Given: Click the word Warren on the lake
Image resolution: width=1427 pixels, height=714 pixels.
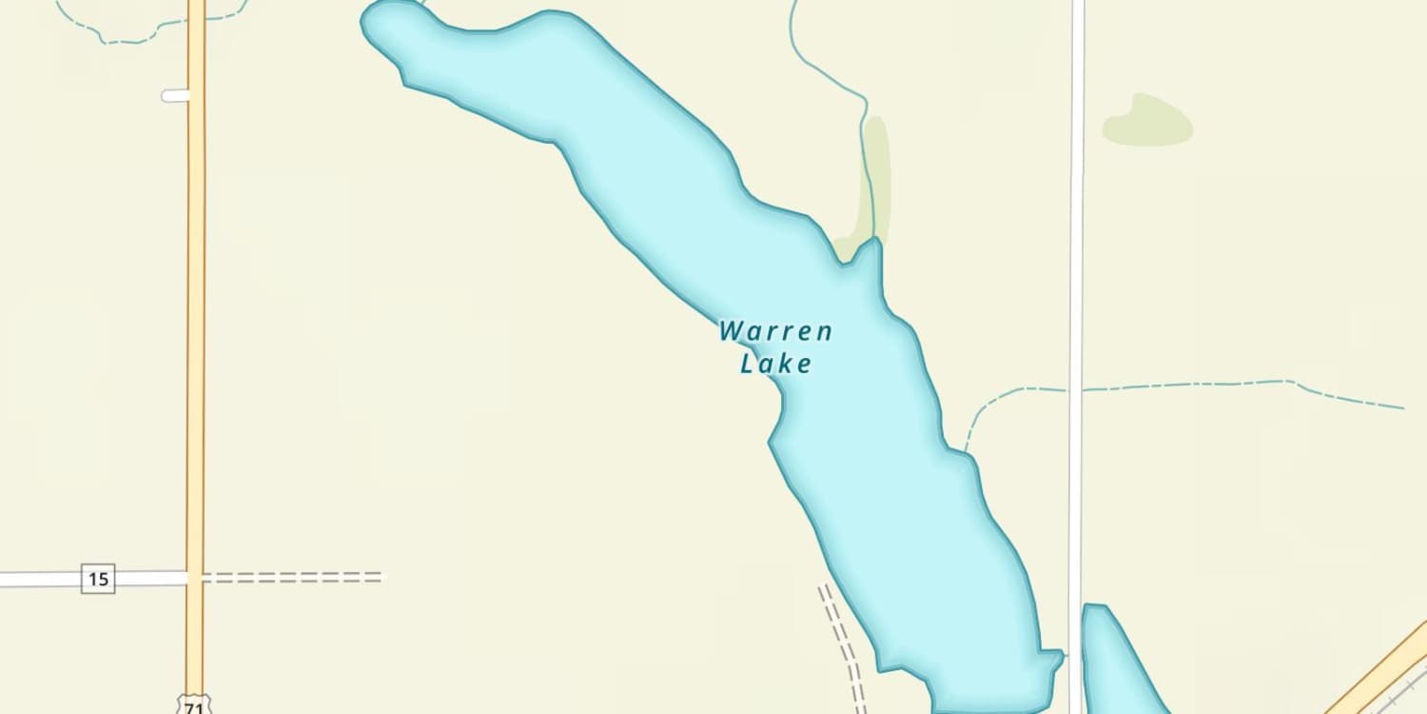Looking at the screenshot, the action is pos(775,332).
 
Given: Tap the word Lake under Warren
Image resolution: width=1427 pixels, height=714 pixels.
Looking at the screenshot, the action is pos(776,364).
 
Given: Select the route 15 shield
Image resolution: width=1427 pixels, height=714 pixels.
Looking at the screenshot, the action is pos(98,578).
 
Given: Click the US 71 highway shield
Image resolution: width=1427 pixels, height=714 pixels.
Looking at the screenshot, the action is pos(194,705).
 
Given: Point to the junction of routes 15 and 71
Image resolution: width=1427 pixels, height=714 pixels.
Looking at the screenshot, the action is pos(195,578).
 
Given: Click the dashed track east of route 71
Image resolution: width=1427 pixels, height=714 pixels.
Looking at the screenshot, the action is pos(295,577).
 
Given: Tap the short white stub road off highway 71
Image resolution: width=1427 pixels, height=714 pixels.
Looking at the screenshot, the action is pos(175,95).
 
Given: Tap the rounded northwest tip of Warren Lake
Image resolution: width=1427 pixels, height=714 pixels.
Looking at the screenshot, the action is pos(385,24).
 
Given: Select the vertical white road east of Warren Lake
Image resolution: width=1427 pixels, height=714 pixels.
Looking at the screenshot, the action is pos(1077,286).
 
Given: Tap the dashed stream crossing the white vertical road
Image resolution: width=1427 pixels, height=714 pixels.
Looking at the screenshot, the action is pos(1077,388).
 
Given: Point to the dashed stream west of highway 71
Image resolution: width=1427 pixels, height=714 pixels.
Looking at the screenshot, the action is pos(124,41).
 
